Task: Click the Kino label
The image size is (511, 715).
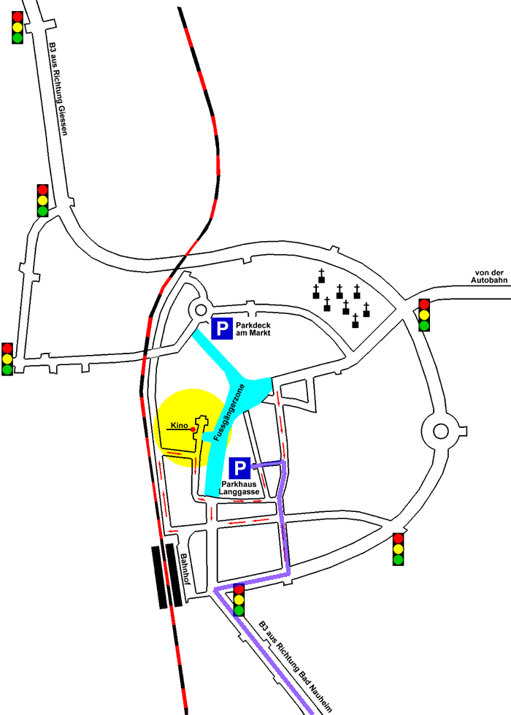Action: tap(179, 426)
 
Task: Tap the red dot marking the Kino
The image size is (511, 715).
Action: tap(193, 429)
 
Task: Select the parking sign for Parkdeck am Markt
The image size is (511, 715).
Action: tap(222, 329)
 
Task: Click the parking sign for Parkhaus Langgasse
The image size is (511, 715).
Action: tap(239, 468)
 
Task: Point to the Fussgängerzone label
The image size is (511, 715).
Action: tap(229, 413)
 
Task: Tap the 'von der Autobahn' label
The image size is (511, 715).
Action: tap(489, 276)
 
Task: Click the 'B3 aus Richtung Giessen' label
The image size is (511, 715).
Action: tap(58, 89)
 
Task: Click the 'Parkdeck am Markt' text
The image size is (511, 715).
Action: tap(253, 329)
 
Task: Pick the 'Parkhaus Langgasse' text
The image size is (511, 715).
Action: tap(239, 488)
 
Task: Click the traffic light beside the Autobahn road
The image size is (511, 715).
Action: tap(424, 315)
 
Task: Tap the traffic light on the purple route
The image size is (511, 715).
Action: tap(239, 600)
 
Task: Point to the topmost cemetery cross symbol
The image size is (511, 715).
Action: tap(321, 276)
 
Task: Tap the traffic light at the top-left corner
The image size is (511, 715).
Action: tap(18, 27)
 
